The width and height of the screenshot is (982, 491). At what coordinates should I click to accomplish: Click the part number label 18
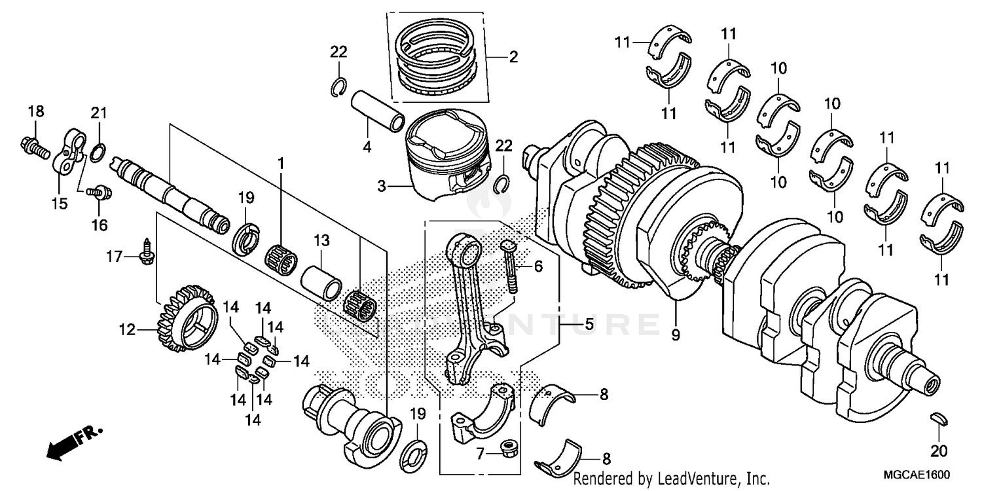tap(35, 112)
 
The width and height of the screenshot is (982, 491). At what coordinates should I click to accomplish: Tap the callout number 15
tap(60, 204)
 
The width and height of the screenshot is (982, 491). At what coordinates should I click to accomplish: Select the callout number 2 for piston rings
tap(513, 57)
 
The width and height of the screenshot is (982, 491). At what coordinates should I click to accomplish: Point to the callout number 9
tap(676, 335)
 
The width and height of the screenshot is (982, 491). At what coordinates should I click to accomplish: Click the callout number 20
tap(938, 451)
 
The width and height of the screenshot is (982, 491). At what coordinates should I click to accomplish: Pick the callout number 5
tap(589, 324)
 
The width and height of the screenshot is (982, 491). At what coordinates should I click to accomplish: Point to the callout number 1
tap(282, 162)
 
